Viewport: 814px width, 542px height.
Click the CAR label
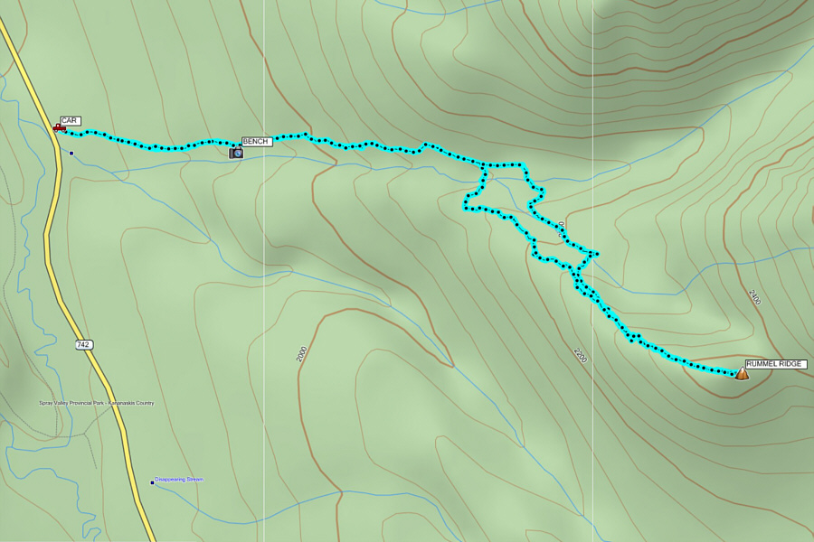[70, 120]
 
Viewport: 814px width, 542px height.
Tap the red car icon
[59, 128]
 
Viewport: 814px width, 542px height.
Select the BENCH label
[256, 142]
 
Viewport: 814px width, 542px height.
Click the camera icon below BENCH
[236, 153]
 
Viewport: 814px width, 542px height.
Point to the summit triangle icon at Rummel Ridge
[742, 373]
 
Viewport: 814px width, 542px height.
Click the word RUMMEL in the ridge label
[762, 364]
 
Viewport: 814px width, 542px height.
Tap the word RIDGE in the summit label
[790, 364]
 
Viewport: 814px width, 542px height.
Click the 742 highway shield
[83, 345]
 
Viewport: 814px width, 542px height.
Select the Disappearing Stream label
[179, 480]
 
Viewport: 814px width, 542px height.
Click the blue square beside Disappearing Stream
[152, 482]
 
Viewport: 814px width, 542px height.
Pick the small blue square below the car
[71, 153]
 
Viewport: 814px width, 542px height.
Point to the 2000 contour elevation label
[301, 355]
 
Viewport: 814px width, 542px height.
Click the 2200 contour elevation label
[580, 355]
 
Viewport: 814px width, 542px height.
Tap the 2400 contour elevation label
[754, 297]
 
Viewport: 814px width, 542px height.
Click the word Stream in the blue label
[194, 480]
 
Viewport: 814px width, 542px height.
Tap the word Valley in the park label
[61, 403]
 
